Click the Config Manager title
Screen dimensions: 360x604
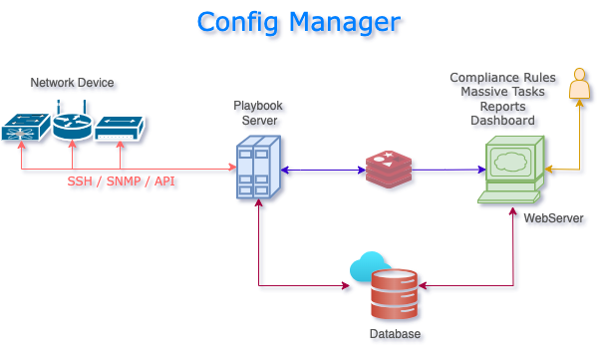(298, 22)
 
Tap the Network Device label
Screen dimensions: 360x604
(72, 83)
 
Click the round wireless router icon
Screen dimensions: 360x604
(72, 125)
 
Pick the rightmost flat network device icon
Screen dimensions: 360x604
(120, 128)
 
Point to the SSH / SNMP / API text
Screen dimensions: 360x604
(121, 183)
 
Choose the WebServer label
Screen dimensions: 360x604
(553, 218)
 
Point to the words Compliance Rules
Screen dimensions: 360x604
(502, 78)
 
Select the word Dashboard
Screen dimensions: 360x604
(502, 121)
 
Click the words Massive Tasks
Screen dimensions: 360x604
(502, 92)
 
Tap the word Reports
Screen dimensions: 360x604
(502, 107)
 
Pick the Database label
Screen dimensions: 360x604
(395, 334)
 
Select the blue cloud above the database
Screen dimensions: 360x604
(369, 266)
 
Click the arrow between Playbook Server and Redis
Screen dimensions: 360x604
(322, 171)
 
